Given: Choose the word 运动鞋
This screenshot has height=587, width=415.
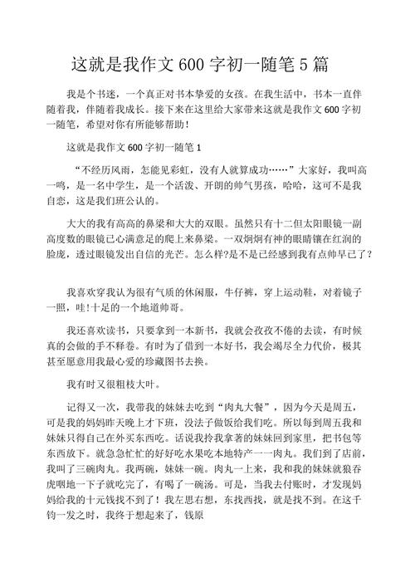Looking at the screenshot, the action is point(293,293).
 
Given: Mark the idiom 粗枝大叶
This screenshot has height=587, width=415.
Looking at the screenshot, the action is point(125,385).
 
